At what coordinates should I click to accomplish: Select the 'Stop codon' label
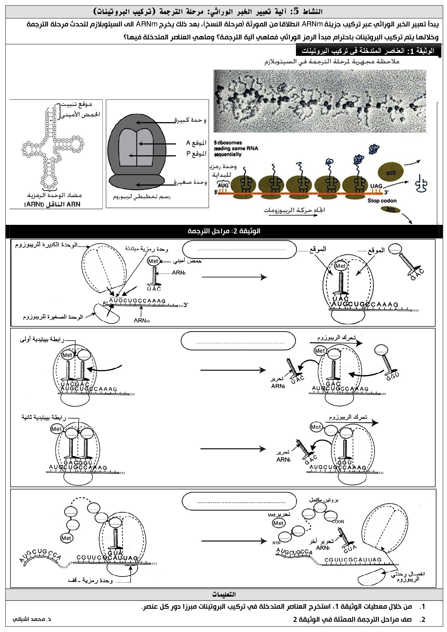click(382, 201)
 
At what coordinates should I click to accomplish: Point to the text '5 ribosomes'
click(228, 143)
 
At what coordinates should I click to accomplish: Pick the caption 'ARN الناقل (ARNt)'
click(53, 204)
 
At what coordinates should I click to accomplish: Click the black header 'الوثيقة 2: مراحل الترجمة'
click(224, 231)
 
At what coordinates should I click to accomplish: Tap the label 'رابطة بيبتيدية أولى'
click(43, 339)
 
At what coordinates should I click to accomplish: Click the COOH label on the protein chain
click(338, 521)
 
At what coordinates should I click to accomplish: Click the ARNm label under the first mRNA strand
click(142, 320)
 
